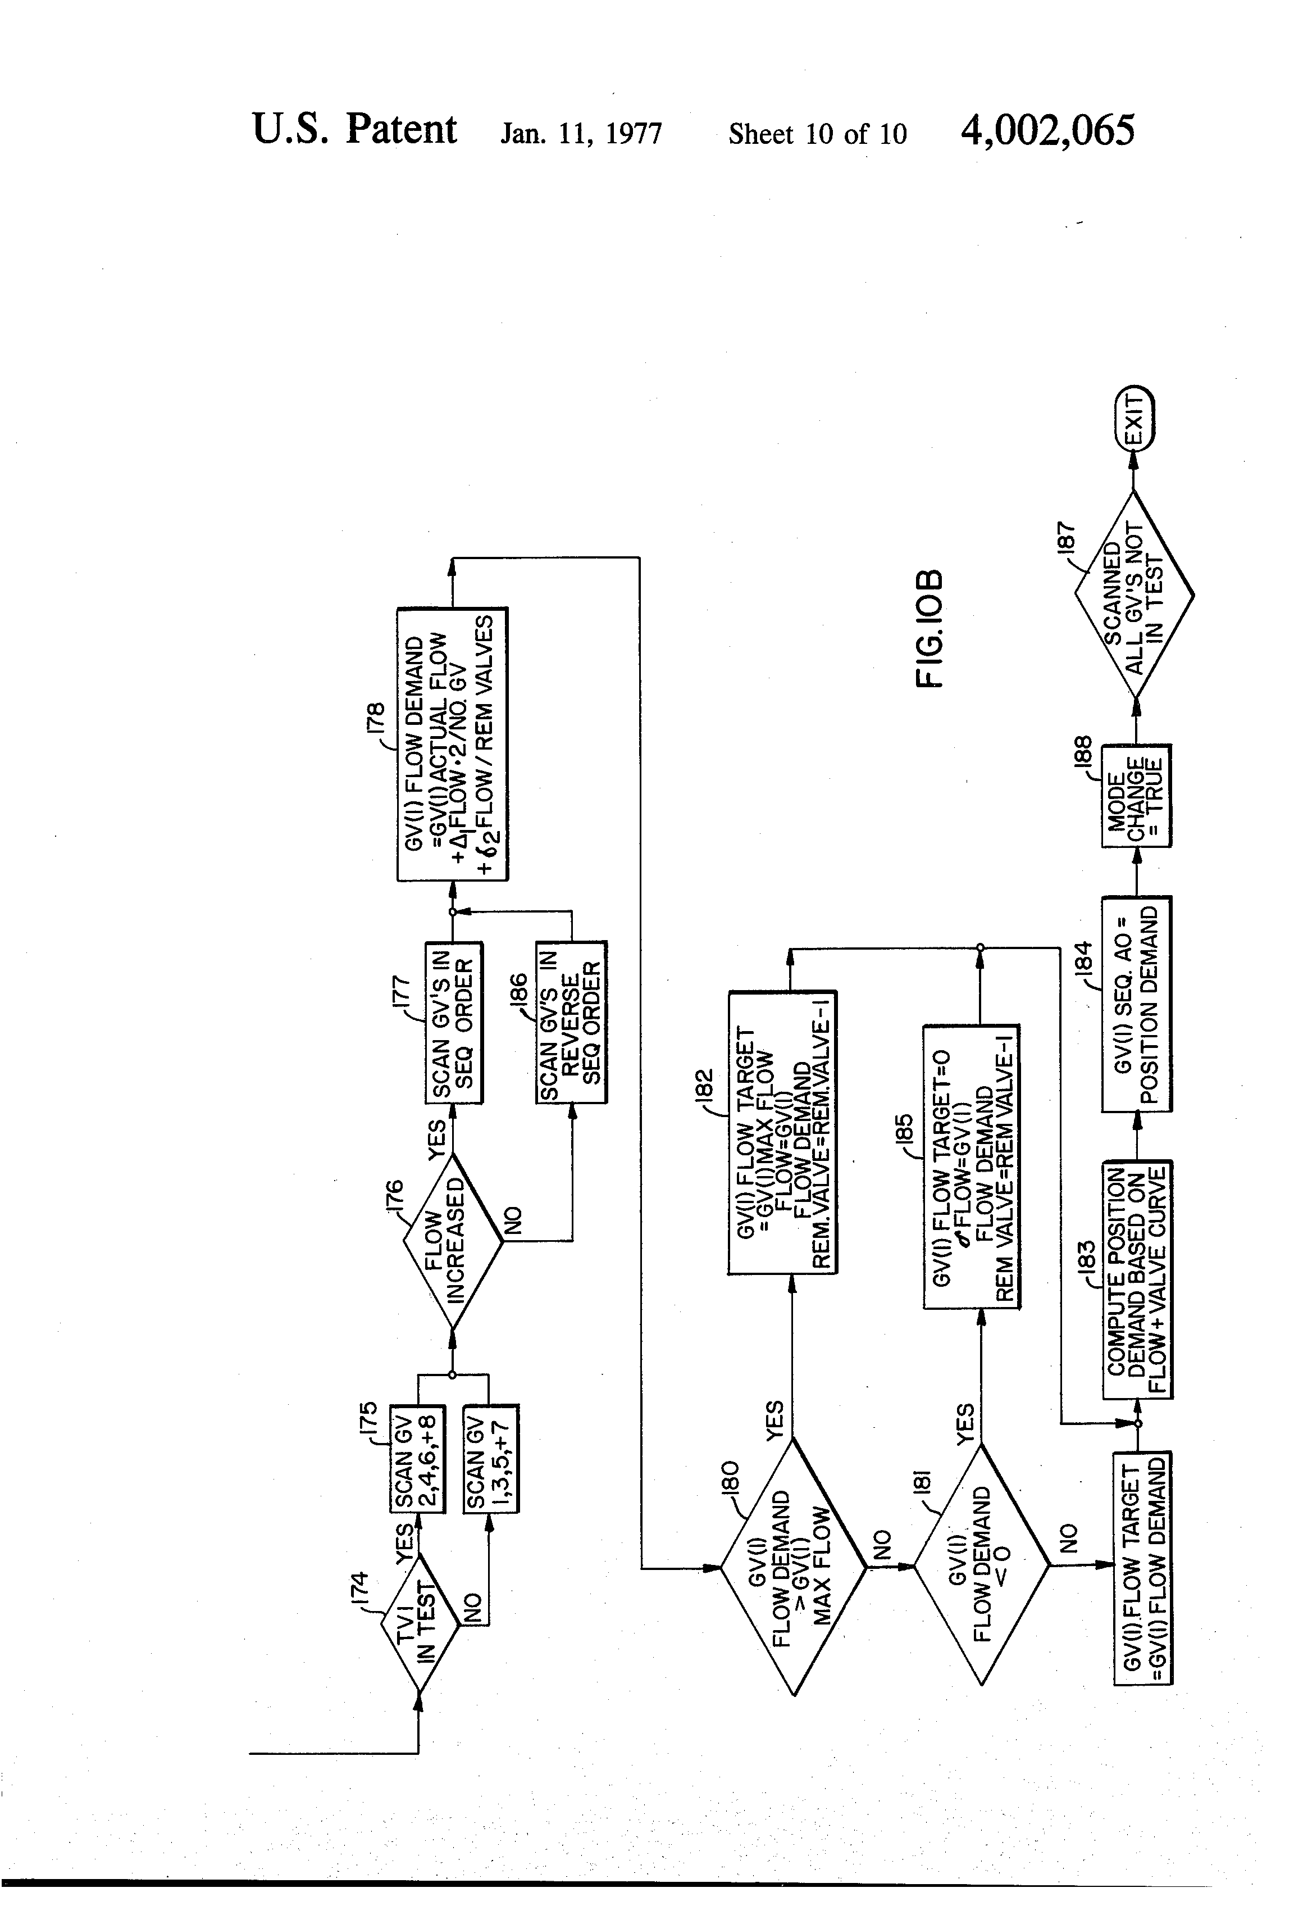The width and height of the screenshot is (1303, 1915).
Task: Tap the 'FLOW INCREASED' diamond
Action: pyautogui.click(x=452, y=1240)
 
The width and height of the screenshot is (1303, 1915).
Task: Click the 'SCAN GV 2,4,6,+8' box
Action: pyautogui.click(x=417, y=1459)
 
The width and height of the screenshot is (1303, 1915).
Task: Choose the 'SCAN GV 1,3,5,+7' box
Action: pyautogui.click(x=491, y=1459)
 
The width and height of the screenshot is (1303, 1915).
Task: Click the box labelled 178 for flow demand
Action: pyautogui.click(x=452, y=744)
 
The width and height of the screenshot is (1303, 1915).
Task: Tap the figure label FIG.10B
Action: pyautogui.click(x=928, y=627)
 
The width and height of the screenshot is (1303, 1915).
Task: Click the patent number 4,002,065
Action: pyautogui.click(x=1047, y=131)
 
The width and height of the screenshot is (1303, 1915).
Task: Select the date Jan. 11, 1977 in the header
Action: pyautogui.click(x=581, y=134)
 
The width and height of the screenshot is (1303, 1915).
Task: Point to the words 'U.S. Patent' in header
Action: pyautogui.click(x=354, y=130)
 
